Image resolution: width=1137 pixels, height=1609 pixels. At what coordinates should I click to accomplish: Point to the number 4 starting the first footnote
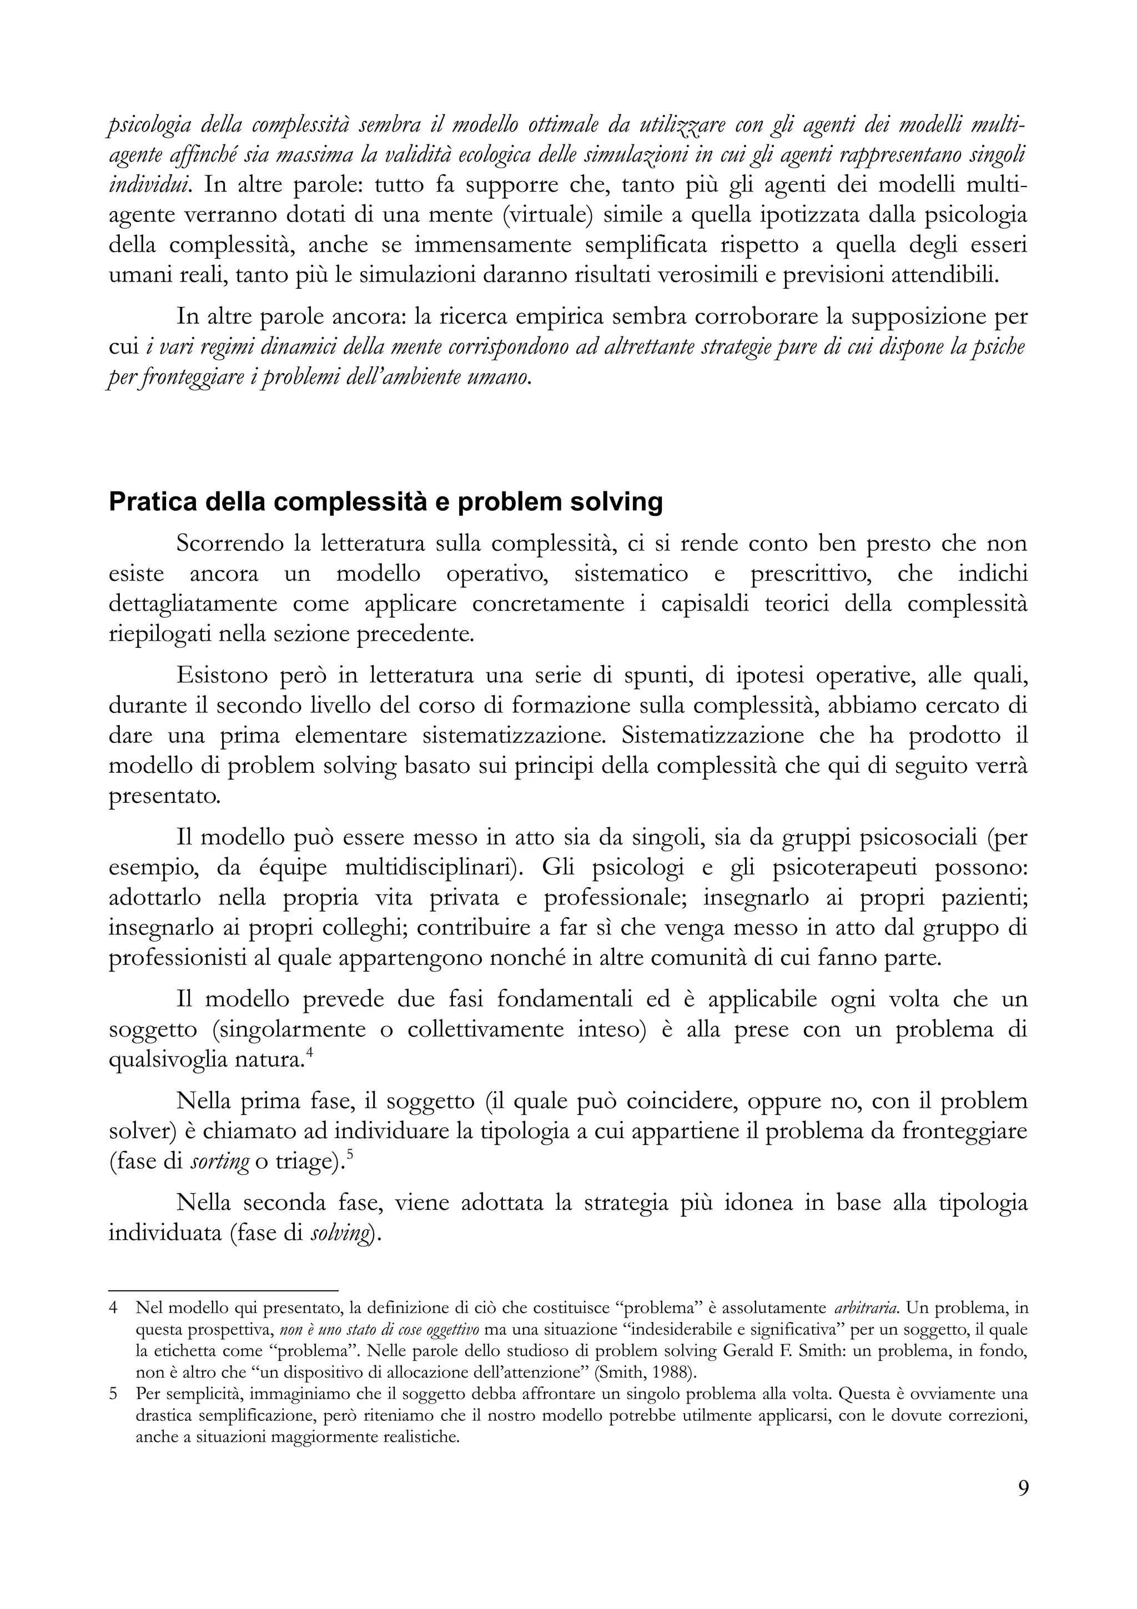pyautogui.click(x=113, y=1308)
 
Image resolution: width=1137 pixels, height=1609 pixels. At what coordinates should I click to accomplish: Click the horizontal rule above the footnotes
pyautogui.click(x=224, y=1289)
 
